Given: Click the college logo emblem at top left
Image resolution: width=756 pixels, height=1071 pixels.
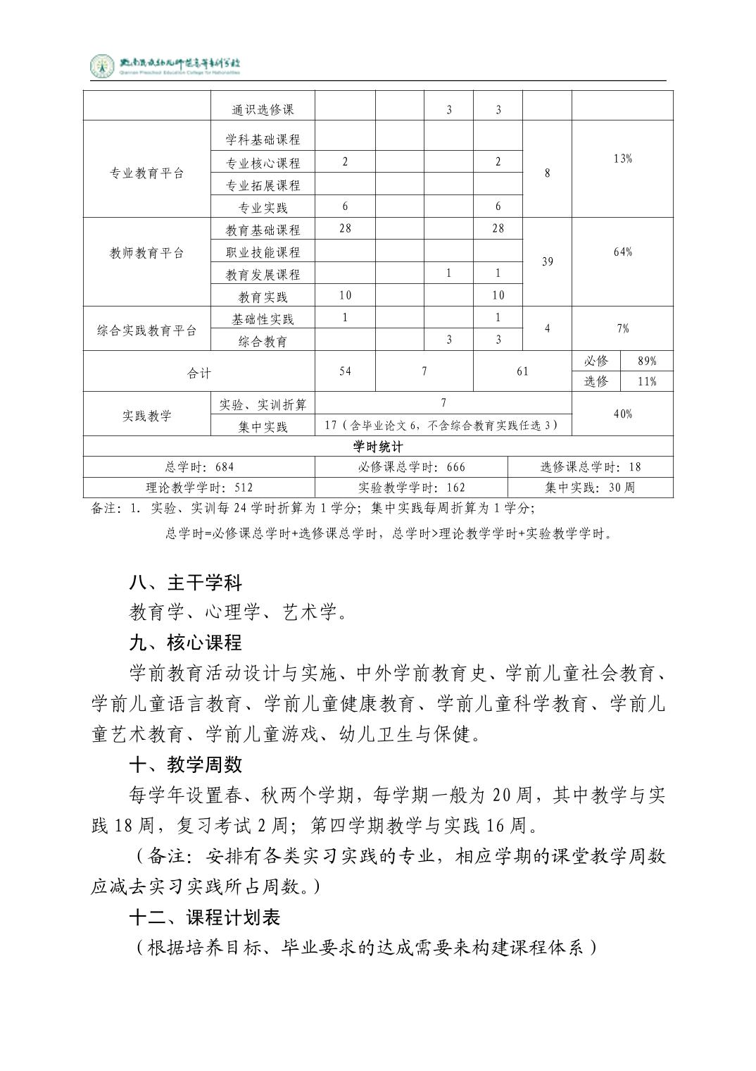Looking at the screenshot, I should (102, 66).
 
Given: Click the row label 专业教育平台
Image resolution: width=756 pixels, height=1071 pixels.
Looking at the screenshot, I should (146, 173).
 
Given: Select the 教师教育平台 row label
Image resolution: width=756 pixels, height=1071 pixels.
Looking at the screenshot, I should (146, 253).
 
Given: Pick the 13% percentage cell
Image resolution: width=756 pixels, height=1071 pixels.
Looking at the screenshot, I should (622, 159).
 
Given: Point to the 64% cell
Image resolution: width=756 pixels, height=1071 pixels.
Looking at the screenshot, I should (622, 252).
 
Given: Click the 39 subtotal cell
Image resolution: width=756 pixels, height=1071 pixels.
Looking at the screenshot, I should (547, 261).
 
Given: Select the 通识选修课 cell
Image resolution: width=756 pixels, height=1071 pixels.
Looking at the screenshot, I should (263, 109).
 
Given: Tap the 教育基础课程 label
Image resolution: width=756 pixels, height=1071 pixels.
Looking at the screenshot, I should (263, 230).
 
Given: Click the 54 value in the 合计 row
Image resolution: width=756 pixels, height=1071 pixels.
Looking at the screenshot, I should (345, 371).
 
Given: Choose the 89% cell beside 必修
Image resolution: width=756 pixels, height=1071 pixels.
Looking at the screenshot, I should (646, 361).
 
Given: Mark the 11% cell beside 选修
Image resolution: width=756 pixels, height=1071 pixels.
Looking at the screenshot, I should (646, 381).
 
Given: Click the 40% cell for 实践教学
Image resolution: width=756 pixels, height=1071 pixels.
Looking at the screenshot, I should (622, 414).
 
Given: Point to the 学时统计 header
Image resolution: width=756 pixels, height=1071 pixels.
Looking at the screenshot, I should (378, 447).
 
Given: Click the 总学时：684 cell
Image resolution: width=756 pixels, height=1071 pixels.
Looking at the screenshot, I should (199, 467).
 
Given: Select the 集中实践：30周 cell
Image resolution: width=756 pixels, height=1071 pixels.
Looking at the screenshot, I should (590, 488).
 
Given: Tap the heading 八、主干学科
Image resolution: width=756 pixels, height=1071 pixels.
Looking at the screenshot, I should (186, 583).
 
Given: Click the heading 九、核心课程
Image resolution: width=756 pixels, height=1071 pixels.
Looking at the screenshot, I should (186, 643).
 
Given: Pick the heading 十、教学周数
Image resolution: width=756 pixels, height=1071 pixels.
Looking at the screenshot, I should (186, 764).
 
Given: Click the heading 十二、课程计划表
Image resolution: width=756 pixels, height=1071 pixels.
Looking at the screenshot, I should (205, 917).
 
